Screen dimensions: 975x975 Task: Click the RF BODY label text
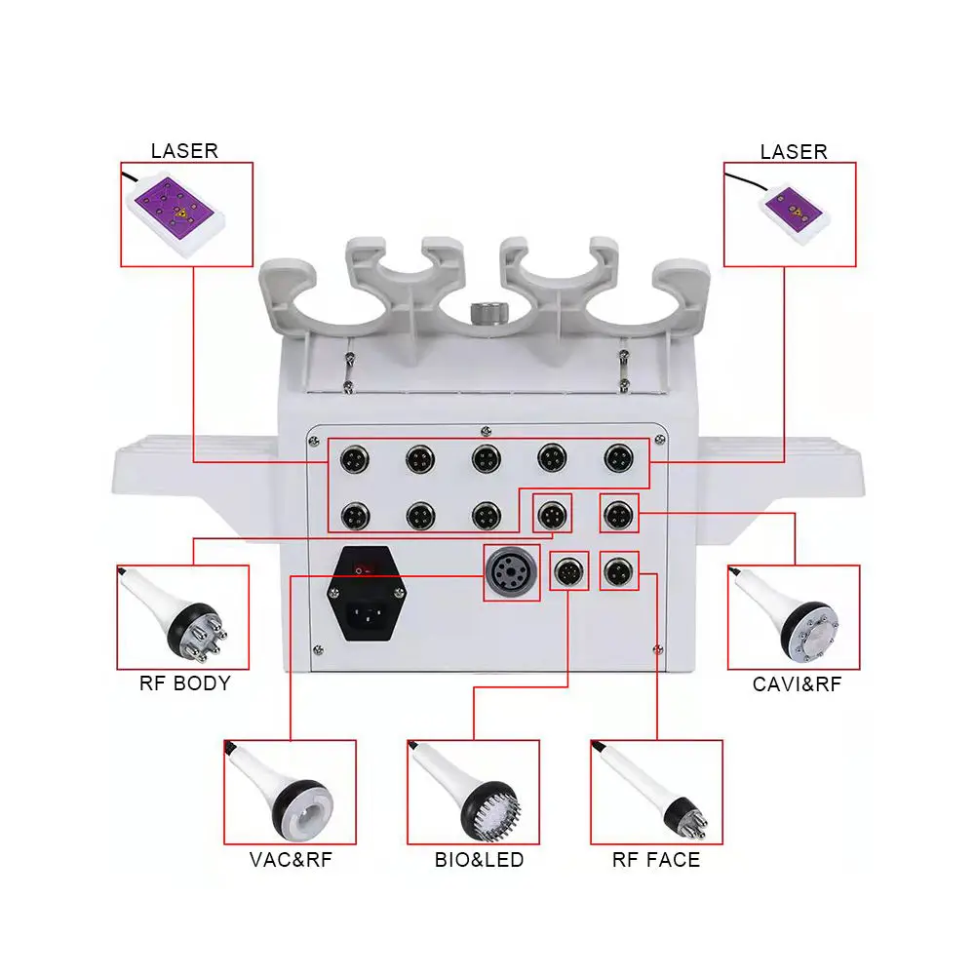(x=184, y=682)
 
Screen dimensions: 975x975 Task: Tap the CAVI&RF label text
(x=796, y=683)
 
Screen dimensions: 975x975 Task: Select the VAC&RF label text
(x=290, y=859)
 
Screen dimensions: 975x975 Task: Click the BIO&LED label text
(x=479, y=859)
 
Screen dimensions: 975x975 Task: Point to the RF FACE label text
(x=655, y=859)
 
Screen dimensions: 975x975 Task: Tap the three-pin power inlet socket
(x=366, y=615)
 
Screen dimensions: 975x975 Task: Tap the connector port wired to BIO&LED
(x=569, y=572)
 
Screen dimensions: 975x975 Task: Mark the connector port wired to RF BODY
(x=553, y=513)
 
